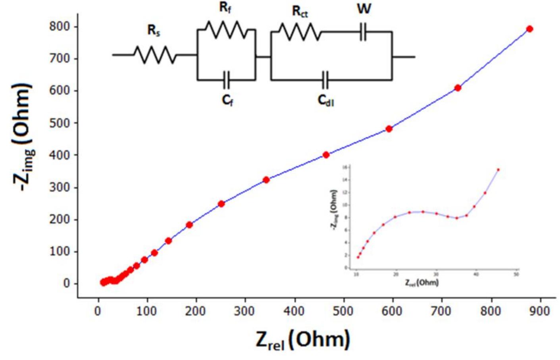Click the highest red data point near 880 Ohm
coord(529,29)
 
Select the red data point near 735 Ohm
coord(458,88)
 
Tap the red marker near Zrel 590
coord(389,129)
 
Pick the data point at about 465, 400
coord(326,155)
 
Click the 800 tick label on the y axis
coord(60,27)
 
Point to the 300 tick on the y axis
coord(60,187)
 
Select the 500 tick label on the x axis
coord(343,311)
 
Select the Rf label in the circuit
coord(225,7)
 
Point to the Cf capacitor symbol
coord(226,80)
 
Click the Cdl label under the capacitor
coord(326,100)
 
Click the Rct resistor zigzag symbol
coord(300,32)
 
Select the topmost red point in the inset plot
coord(498,169)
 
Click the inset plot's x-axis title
coord(421,282)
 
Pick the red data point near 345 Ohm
coord(266,180)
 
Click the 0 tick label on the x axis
coord(98,311)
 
